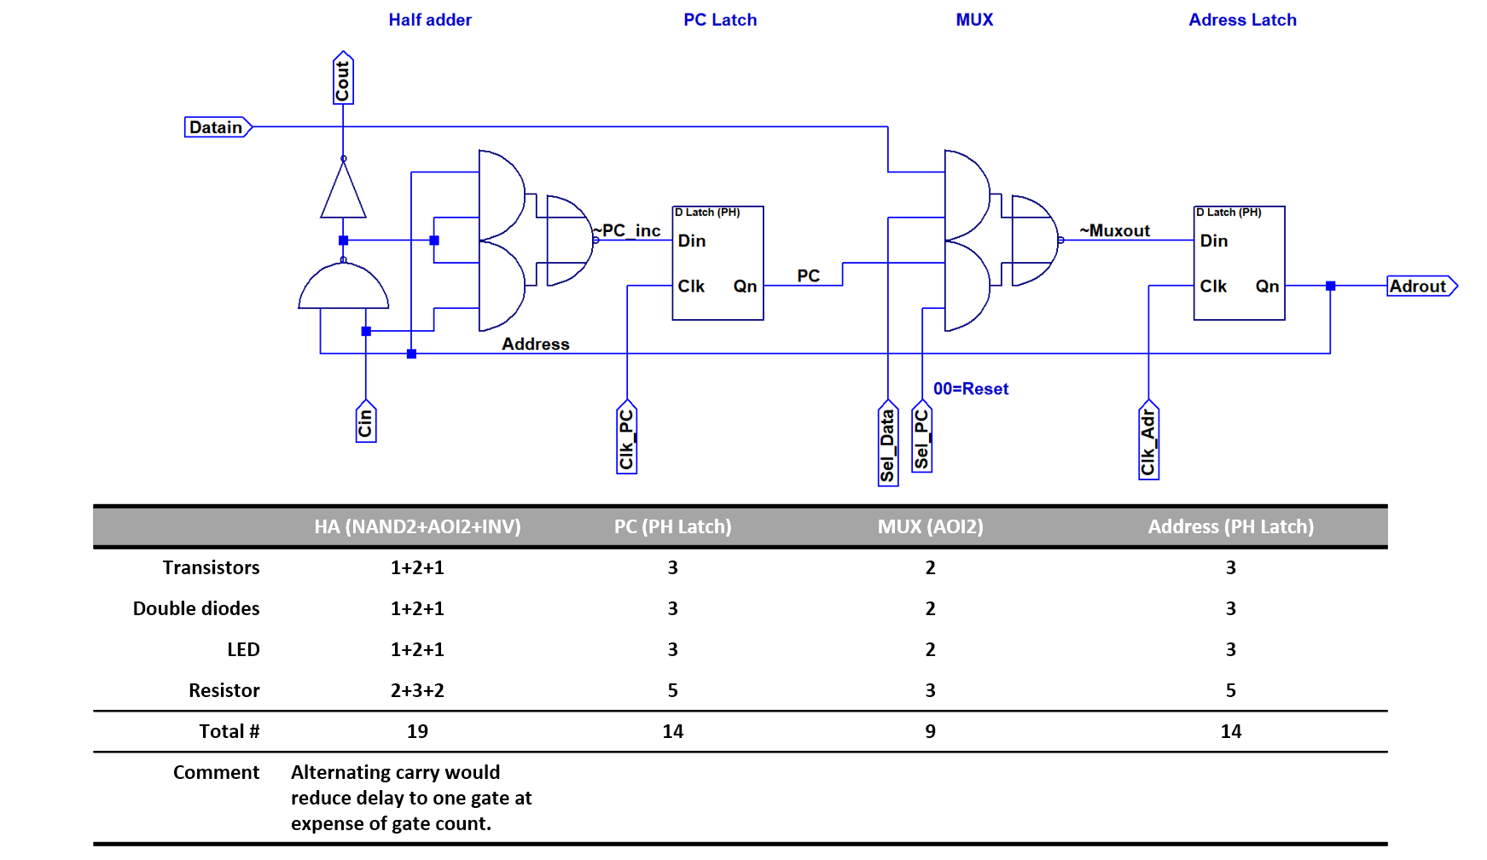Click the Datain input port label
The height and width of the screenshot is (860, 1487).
point(218,127)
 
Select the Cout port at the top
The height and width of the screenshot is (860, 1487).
point(343,78)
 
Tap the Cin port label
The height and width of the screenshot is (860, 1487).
point(366,421)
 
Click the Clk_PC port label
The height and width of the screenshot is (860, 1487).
point(627,437)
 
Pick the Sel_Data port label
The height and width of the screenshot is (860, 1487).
point(888,443)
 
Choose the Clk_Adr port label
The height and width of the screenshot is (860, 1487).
point(1149,439)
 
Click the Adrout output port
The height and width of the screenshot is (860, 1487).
point(1422,286)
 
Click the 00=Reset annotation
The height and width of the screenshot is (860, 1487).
point(971,389)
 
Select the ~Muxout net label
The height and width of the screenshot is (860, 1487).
point(1114,230)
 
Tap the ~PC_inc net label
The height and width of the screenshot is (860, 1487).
point(627,230)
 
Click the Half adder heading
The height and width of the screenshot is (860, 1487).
point(430,20)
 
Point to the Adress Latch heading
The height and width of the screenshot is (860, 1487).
point(1243,20)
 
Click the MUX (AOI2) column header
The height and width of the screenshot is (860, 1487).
point(931,526)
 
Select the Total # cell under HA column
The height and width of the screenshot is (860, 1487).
point(417,731)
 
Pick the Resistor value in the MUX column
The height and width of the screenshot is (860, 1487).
point(931,690)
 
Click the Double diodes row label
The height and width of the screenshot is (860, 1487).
point(196,608)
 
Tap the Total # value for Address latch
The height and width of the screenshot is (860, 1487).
point(1231,731)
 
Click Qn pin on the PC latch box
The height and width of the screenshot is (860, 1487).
point(745,286)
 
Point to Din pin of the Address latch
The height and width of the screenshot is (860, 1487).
point(1214,241)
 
